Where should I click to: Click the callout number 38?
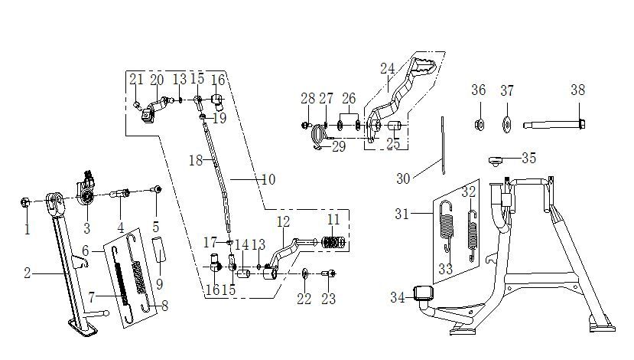578,90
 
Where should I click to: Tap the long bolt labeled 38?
554,124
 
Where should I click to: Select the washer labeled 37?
506,124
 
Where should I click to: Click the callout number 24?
387,68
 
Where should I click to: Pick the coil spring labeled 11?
333,243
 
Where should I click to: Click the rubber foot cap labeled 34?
423,293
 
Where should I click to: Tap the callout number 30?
403,178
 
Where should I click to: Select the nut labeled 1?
24,202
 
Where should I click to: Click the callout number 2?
27,273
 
